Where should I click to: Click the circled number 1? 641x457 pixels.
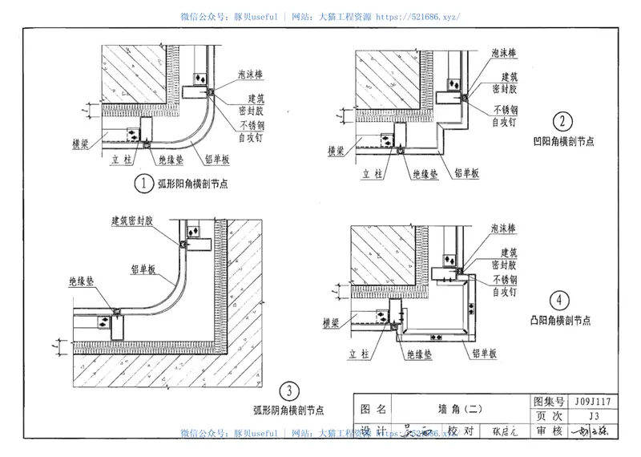143,184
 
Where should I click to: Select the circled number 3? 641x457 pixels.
288,391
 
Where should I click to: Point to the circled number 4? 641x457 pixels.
560,301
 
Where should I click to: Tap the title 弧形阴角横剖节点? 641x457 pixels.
288,410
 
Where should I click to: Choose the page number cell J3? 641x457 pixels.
593,416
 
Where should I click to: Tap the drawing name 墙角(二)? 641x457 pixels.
459,408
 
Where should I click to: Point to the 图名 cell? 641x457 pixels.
373,408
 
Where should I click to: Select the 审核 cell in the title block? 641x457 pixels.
549,431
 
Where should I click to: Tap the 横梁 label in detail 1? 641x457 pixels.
79,144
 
